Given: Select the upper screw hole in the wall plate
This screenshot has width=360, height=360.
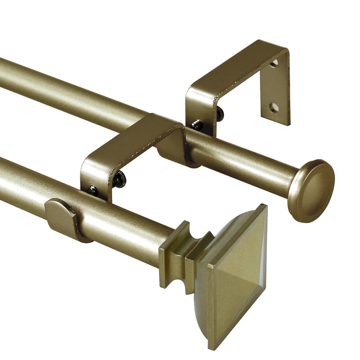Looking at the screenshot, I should tap(274, 63).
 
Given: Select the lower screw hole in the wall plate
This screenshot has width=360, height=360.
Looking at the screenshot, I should tap(274, 107).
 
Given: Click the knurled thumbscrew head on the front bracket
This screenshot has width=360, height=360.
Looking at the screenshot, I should tap(120, 179).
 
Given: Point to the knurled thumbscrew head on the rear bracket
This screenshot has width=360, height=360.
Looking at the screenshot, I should tap(220, 114).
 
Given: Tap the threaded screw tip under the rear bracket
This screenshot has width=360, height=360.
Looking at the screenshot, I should tap(197, 125).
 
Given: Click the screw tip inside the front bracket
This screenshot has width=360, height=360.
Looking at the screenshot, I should tap(93, 190).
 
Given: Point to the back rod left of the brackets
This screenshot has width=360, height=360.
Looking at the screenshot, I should tap(72, 94).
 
